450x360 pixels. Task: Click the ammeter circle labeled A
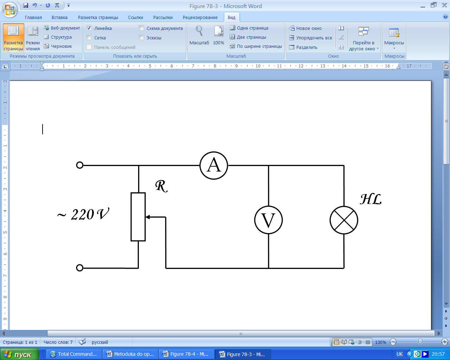[x=214, y=165]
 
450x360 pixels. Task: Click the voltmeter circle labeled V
[x=269, y=220]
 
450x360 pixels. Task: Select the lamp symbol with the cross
[x=344, y=220]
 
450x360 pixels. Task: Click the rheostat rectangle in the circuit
[x=138, y=217]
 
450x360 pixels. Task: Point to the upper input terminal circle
[x=80, y=165]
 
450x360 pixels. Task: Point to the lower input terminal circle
[x=80, y=268]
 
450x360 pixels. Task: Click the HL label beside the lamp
[x=371, y=199]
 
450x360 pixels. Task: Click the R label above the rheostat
[x=161, y=186]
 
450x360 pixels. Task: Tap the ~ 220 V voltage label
[x=83, y=214]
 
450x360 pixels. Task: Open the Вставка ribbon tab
[x=59, y=17]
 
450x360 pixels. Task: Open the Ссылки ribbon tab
[x=135, y=17]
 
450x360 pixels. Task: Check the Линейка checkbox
[x=89, y=28]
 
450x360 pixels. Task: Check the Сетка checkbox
[x=89, y=38]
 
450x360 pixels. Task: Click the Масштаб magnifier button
[x=199, y=35]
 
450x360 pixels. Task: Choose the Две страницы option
[x=251, y=37]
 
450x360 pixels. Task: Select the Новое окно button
[x=305, y=28]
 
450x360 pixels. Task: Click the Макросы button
[x=394, y=37]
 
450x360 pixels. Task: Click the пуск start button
[x=19, y=354]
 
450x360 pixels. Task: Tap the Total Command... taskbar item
[x=73, y=354]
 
